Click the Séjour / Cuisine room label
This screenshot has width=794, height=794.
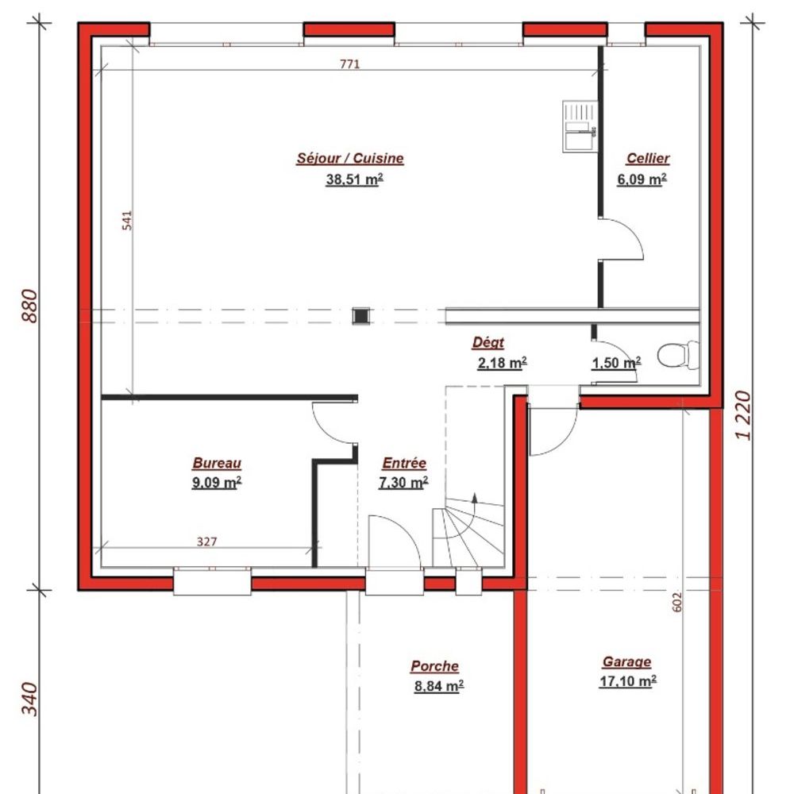tap(350, 158)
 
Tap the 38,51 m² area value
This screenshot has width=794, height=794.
tap(354, 179)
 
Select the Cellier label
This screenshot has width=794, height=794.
tap(648, 158)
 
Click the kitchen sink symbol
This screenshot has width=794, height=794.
tap(580, 126)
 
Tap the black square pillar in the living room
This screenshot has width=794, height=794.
tap(361, 316)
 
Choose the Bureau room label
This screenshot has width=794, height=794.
tap(217, 463)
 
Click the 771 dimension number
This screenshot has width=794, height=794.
tap(349, 64)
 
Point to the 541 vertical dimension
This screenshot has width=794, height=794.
tap(126, 221)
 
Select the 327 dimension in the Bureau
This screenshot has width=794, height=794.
tap(206, 542)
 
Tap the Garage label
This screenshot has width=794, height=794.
tap(627, 662)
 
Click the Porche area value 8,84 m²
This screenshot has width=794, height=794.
tap(439, 686)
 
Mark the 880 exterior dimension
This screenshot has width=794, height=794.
tap(30, 306)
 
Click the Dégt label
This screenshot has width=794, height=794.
tap(488, 342)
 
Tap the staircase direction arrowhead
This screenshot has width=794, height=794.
tap(475, 497)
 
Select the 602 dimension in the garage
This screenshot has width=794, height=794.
tap(677, 602)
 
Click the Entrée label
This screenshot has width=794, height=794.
tap(404, 463)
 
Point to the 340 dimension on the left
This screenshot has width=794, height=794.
tap(30, 700)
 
